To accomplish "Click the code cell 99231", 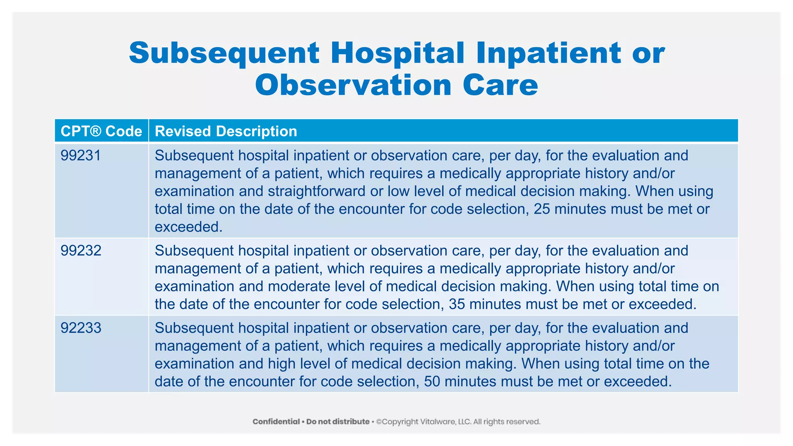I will click(x=81, y=156).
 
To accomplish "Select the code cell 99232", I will click(x=81, y=251).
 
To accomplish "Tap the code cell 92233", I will click(x=81, y=328).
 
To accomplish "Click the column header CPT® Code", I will click(x=101, y=131).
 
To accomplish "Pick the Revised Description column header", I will click(x=226, y=131).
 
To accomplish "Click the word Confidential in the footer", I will click(x=276, y=422).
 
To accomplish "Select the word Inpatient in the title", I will click(x=549, y=53).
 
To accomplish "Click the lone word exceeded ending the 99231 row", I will click(x=188, y=227).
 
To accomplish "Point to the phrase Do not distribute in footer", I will click(x=338, y=422).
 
